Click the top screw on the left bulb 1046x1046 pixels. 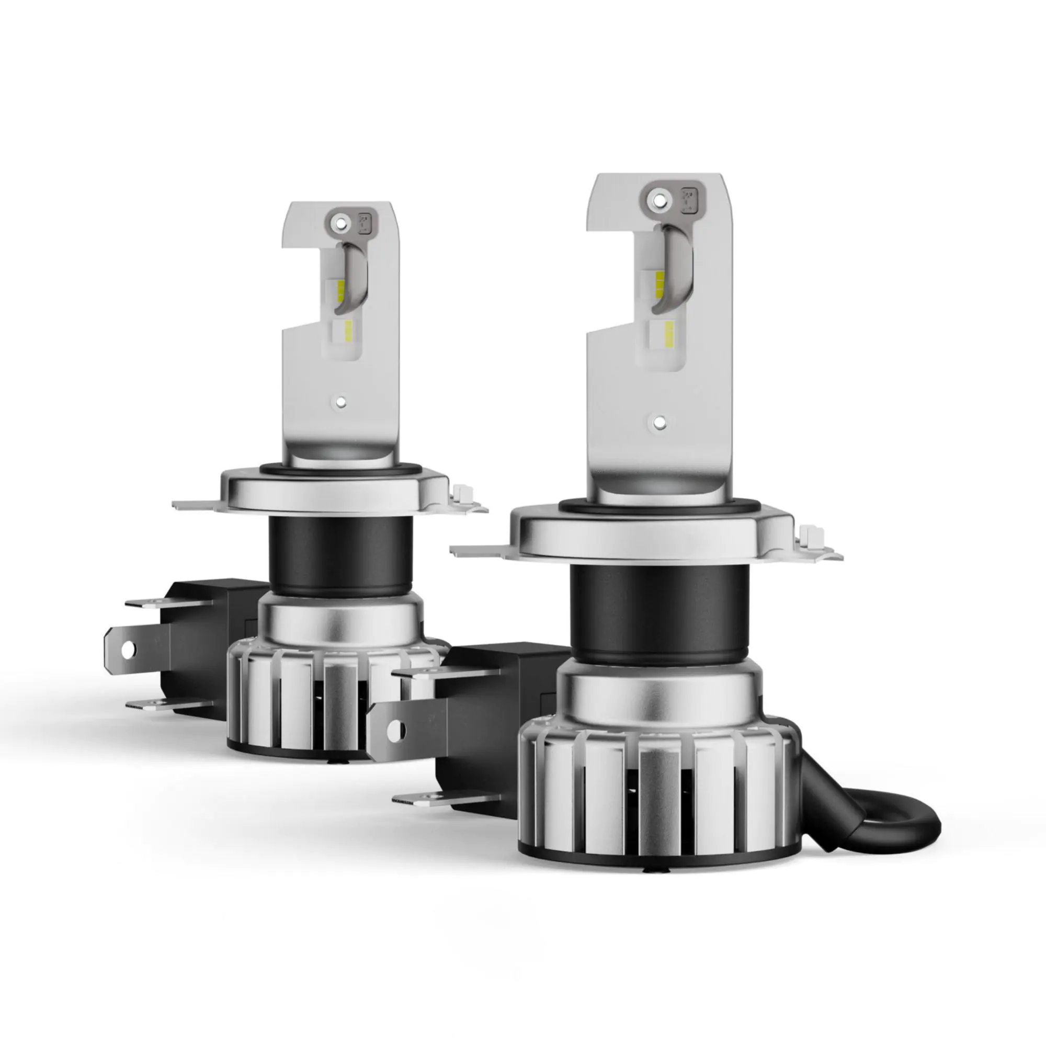tap(339, 222)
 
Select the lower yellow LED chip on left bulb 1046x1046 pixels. tap(348, 328)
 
